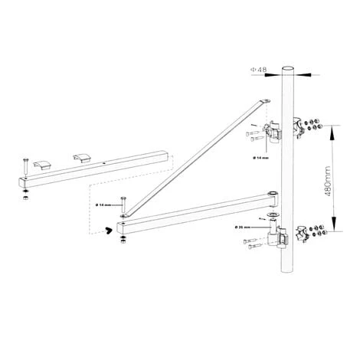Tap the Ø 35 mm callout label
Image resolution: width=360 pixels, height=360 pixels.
pyautogui.click(x=244, y=227)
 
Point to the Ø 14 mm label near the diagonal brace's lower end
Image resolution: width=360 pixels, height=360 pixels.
pyautogui.click(x=105, y=205)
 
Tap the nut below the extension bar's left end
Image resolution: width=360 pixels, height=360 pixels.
pyautogui.click(x=25, y=198)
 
